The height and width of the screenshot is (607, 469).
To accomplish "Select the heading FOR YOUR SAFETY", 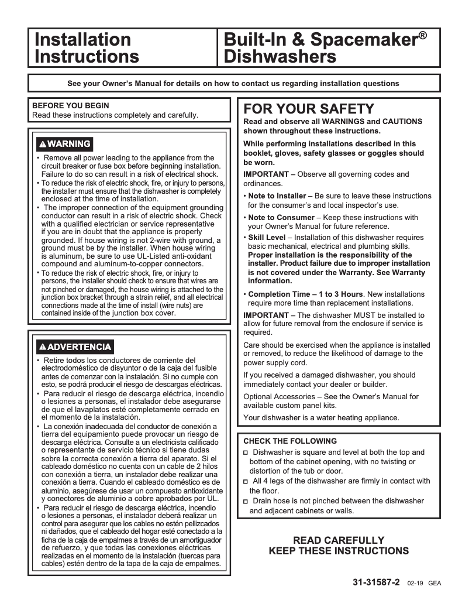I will [x=308, y=109].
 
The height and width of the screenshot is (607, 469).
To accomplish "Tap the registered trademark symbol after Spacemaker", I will [x=422, y=36].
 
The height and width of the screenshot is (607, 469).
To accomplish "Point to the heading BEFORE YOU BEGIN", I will [x=71, y=106].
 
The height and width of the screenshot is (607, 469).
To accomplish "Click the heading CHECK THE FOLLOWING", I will [x=290, y=441].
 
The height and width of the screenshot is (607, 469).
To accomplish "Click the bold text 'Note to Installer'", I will [x=277, y=196].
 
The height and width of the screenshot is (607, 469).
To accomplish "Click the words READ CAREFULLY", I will [x=339, y=540].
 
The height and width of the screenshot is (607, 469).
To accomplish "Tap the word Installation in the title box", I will [x=82, y=40].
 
